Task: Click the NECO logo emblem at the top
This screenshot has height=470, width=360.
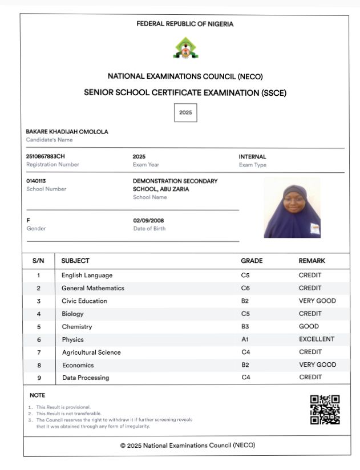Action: pos(185,48)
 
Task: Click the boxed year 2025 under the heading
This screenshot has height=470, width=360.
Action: pos(185,112)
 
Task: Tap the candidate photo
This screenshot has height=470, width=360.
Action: pos(292,207)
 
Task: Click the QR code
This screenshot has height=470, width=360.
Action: pos(325,410)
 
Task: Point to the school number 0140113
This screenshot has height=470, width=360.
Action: pos(36,181)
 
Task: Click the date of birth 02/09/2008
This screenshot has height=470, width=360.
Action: pos(148,220)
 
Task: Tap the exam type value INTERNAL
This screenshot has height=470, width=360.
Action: pos(252,156)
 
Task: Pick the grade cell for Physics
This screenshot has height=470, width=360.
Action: pos(245,339)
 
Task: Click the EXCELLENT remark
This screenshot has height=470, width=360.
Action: pos(317,339)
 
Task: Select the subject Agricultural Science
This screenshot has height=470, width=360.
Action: pos(91,352)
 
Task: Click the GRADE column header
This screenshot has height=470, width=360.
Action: pos(252,261)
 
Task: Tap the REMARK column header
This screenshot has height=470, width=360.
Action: pos(312,261)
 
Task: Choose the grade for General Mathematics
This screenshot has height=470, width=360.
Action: pos(245,288)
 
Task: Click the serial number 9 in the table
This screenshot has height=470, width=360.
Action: pos(39,378)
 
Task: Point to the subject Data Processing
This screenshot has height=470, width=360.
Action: pos(86,378)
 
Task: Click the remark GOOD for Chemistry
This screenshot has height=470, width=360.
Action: pos(309,327)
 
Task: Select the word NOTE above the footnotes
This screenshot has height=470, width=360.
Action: pos(37,395)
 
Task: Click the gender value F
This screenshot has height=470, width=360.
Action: pos(29,220)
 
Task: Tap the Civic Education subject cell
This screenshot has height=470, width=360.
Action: pos(84,301)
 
